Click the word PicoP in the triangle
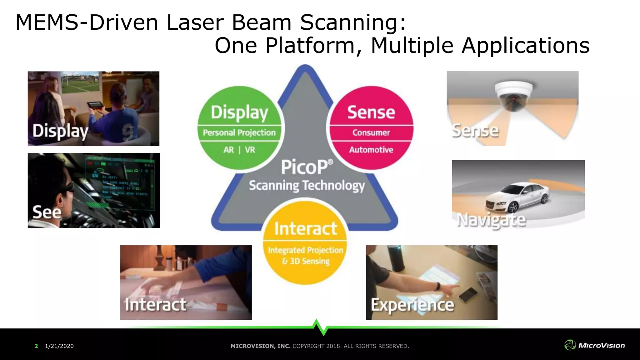coord(305,167)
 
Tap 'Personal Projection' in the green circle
coord(239,133)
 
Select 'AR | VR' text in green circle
coord(239,150)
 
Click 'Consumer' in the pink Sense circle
coord(371,133)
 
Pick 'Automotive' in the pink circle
coord(371,150)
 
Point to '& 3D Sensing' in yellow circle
coord(306,261)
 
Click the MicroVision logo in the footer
coord(595,345)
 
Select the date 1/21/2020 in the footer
coord(59,346)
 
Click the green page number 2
coord(36,346)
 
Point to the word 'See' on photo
coord(47,212)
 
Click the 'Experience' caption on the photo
coord(412,305)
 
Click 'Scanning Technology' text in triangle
coord(307,186)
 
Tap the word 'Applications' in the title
coord(525,46)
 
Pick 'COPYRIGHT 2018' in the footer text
coord(317,346)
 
